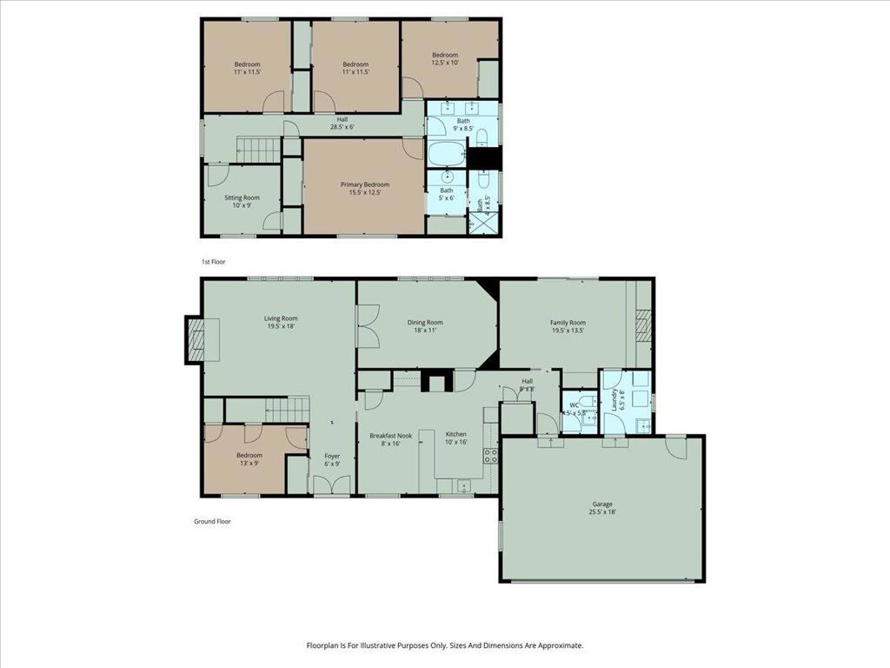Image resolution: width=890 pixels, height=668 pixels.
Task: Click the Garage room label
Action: point(602,508)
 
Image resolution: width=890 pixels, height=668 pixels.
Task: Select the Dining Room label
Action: point(425,326)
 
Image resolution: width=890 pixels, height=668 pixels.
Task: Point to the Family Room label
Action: point(568,326)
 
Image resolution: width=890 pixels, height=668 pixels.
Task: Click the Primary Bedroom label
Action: point(364,188)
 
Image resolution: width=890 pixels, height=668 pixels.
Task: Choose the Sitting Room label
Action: point(242,202)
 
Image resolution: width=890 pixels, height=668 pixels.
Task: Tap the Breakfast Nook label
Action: point(389,438)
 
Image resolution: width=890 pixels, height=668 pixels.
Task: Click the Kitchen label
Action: point(456,438)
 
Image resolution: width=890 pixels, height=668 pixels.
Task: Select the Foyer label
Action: point(332,459)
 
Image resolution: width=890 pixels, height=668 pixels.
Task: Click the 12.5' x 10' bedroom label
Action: point(445,58)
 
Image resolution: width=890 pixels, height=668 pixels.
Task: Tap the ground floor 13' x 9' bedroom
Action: point(249,458)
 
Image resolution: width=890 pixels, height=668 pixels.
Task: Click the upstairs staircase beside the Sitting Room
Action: point(257,150)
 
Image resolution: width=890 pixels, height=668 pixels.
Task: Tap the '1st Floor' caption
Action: point(213,261)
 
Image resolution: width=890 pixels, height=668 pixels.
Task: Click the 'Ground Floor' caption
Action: point(212,522)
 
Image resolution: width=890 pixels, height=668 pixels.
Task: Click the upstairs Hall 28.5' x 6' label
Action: point(342,123)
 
